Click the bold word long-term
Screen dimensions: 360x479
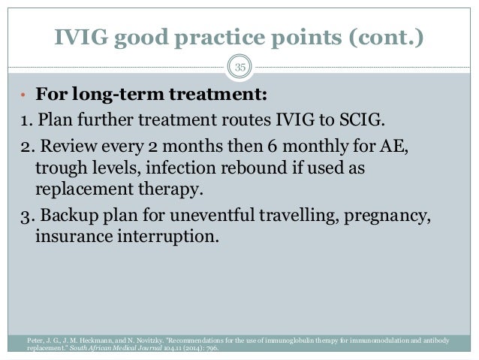pos(119,97)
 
